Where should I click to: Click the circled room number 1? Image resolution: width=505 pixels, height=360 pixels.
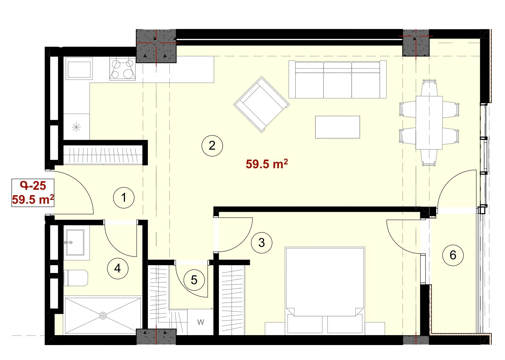[x=124, y=198]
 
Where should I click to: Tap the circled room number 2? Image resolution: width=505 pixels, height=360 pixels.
[x=212, y=146]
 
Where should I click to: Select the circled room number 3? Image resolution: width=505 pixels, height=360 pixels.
[x=262, y=243]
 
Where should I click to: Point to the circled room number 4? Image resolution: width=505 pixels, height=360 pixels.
[x=118, y=268]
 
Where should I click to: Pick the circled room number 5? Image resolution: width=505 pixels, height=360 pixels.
[x=194, y=280]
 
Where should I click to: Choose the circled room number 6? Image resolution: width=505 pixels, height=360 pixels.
[x=453, y=255]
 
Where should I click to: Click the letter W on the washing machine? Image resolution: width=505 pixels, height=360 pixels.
[x=201, y=322]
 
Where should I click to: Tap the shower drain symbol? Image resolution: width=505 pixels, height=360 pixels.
[x=103, y=316]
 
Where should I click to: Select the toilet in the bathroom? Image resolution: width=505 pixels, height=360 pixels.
[x=76, y=278]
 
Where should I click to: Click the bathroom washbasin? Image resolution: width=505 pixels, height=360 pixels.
[x=75, y=242]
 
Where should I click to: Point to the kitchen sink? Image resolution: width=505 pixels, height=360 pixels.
[x=79, y=68]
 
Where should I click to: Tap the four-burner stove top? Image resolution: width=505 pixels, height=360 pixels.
[x=122, y=68]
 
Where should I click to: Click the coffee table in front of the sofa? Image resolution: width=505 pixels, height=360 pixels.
[x=337, y=127]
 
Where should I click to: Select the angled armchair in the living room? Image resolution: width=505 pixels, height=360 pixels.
[x=262, y=104]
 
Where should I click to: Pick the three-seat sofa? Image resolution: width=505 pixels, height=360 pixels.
[x=337, y=79]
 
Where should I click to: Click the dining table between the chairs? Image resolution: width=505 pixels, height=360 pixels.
[x=429, y=123]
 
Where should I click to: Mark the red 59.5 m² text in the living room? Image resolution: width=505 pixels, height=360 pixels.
[x=267, y=164]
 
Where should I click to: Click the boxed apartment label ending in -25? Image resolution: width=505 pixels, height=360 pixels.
[x=33, y=193]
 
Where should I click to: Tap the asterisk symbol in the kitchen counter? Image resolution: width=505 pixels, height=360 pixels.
[x=76, y=127]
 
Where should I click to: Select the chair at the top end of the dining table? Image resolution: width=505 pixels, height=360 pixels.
[x=429, y=88]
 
